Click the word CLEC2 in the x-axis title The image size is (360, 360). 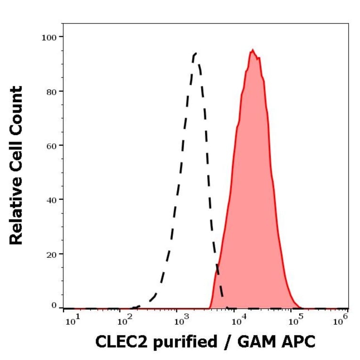click(x=116, y=342)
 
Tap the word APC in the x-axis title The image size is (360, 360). click(x=300, y=342)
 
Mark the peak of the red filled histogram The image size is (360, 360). click(x=253, y=49)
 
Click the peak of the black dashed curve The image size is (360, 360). click(x=195, y=53)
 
